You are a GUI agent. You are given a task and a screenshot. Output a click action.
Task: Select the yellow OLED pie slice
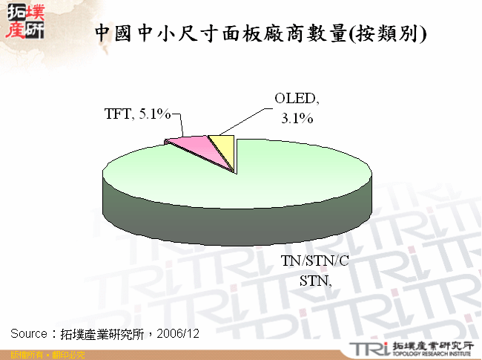224,145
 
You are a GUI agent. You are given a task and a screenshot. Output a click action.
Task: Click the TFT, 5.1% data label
137,114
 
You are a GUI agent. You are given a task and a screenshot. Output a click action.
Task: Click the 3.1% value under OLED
297,118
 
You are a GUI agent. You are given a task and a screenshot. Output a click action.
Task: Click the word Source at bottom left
29,333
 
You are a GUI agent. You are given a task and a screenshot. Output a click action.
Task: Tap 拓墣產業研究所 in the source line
103,333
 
